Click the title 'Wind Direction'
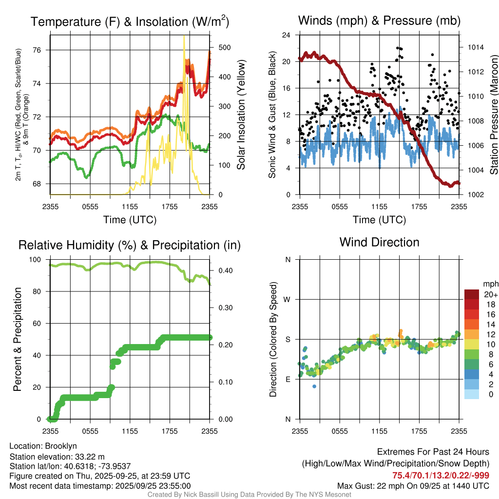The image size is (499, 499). [379, 242]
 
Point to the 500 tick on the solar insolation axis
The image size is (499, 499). [218, 48]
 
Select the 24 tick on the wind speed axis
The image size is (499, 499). [287, 35]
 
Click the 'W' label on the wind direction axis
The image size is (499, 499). [288, 299]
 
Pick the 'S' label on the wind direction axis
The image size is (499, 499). [288, 339]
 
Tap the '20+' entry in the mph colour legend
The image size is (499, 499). [490, 294]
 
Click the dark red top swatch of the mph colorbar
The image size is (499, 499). [471, 294]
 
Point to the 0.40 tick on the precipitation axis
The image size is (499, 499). [221, 270]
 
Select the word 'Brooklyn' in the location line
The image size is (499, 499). [61, 446]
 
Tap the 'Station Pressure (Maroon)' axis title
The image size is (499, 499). [493, 115]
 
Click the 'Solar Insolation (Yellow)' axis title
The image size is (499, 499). [241, 115]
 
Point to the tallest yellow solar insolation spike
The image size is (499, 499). [184, 37]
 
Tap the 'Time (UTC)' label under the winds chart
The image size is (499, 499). [379, 220]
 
